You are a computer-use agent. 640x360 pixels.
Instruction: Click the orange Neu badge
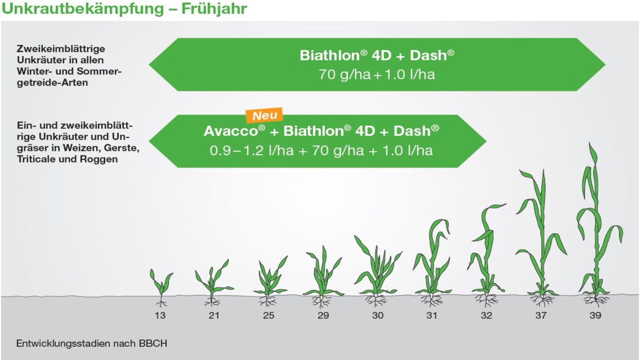click(264, 115)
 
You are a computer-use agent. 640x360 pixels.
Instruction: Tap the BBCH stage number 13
click(160, 316)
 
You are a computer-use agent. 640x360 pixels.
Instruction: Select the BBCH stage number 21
click(214, 316)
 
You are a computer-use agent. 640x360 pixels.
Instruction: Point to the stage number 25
click(268, 316)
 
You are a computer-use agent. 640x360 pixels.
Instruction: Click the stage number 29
click(323, 316)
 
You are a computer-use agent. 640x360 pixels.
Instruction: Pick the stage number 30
click(378, 316)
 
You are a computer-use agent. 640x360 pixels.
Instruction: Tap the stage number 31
click(432, 316)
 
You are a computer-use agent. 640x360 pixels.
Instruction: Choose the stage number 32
click(487, 316)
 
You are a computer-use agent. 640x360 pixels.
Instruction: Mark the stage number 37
click(541, 316)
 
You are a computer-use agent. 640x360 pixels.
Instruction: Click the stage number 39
click(596, 316)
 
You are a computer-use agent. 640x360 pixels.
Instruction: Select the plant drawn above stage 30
click(377, 271)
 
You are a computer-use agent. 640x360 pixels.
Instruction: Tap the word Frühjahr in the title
click(214, 9)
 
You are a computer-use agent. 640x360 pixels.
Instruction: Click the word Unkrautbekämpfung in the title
click(83, 9)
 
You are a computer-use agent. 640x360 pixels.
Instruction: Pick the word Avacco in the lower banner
click(231, 131)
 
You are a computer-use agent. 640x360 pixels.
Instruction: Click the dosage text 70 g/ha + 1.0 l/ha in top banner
click(377, 74)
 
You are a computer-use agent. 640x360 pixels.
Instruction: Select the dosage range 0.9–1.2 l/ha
click(252, 150)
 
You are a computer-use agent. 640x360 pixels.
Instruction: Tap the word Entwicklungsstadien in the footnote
click(61, 343)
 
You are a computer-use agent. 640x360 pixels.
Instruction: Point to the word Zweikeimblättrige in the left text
click(61, 49)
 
